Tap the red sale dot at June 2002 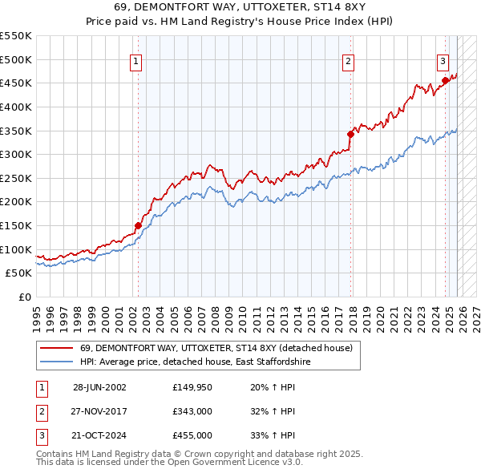click(138, 225)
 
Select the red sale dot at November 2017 click(350, 134)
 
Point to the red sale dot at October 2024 click(445, 80)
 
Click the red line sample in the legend click(56, 348)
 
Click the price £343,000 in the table click(192, 411)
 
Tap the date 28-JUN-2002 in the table click(99, 387)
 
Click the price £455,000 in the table click(192, 435)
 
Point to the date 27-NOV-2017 click(99, 411)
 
